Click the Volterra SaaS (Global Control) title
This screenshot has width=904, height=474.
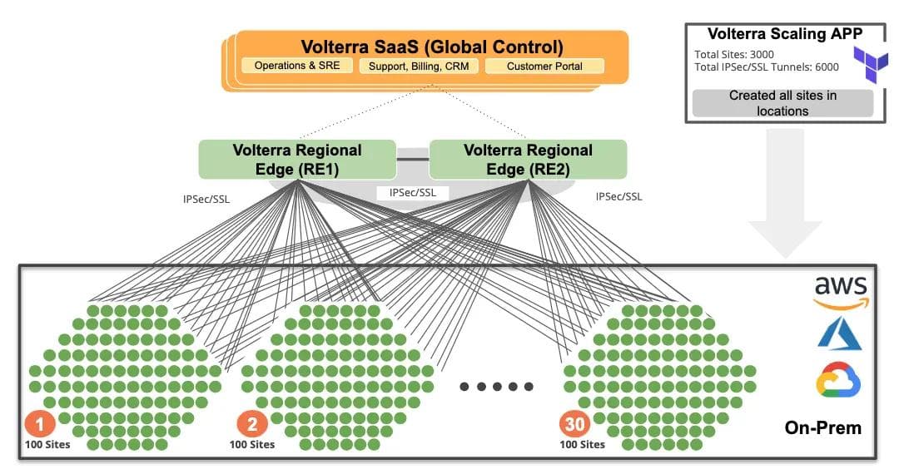(x=431, y=47)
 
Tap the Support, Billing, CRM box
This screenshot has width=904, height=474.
(x=419, y=66)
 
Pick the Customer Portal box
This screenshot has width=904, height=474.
(x=544, y=66)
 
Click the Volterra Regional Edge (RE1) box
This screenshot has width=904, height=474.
(x=296, y=160)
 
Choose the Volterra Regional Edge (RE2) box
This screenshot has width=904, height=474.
(x=528, y=160)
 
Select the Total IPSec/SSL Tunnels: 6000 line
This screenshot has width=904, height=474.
(x=767, y=67)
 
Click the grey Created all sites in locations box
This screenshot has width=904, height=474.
(x=782, y=103)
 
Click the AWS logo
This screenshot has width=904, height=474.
(x=839, y=292)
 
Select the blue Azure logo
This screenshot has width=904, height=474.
(x=839, y=334)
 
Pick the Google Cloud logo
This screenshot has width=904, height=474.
(x=839, y=382)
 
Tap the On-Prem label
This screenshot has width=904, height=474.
(x=822, y=428)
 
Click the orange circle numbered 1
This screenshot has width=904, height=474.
(x=38, y=423)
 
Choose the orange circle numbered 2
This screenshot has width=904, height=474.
(x=252, y=424)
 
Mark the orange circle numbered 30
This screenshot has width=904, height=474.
(x=574, y=424)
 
